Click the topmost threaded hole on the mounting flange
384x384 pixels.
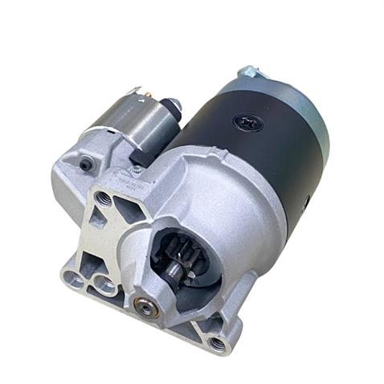point(102,195)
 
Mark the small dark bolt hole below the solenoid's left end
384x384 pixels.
point(85,164)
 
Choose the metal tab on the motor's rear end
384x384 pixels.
point(247,73)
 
